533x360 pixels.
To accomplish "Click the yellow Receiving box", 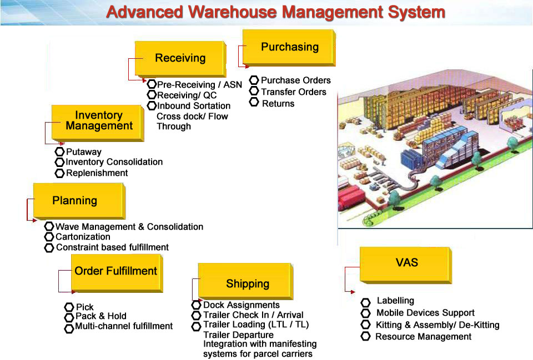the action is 180,59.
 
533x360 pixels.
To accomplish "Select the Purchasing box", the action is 289,48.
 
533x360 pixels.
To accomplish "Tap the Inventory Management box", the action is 98,123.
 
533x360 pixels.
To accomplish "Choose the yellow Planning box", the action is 79,201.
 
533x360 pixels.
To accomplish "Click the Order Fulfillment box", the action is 117,273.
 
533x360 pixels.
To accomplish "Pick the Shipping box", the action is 246,281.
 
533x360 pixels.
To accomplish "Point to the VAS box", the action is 406,265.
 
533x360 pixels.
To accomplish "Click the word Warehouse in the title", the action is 233,12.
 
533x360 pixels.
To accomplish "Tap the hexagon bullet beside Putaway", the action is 59,151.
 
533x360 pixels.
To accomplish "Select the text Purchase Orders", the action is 296,80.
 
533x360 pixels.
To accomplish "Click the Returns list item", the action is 278,104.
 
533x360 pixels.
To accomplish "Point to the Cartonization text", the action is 83,237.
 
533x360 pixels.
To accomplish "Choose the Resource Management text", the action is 423,337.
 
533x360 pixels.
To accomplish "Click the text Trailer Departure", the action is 238,335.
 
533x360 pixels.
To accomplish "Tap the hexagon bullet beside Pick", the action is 69,307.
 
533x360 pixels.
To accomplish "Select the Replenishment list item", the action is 97,173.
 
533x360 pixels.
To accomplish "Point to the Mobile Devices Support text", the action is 425,313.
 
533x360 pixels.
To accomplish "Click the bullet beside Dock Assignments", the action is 196,305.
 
